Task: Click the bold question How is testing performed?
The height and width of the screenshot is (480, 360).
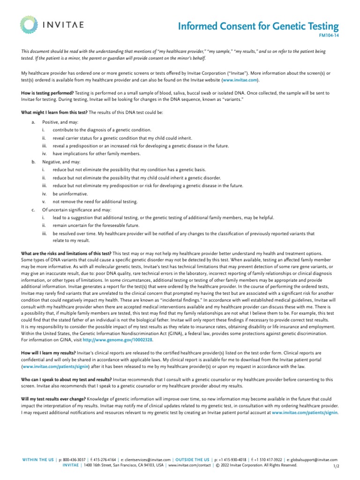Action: click(x=48, y=93)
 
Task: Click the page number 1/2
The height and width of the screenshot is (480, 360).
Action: click(x=336, y=467)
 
